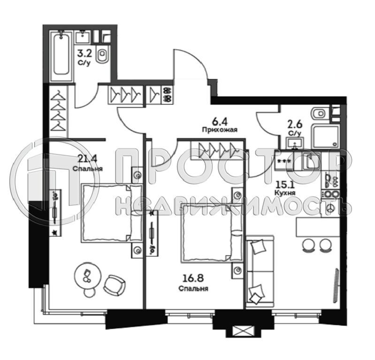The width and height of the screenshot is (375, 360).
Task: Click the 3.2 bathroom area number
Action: (84, 53)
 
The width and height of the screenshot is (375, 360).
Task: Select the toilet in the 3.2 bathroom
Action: (103, 55)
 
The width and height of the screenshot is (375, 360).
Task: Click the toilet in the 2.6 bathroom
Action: (319, 113)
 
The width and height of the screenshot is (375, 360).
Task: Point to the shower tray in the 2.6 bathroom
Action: (325, 137)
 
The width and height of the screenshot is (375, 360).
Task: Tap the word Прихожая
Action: (220, 130)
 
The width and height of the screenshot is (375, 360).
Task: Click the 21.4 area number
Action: (87, 158)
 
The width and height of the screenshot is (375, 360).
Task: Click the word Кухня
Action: (284, 193)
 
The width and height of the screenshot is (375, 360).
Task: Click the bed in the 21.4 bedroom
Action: (112, 213)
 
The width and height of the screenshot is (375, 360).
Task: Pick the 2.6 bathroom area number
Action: (295, 125)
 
